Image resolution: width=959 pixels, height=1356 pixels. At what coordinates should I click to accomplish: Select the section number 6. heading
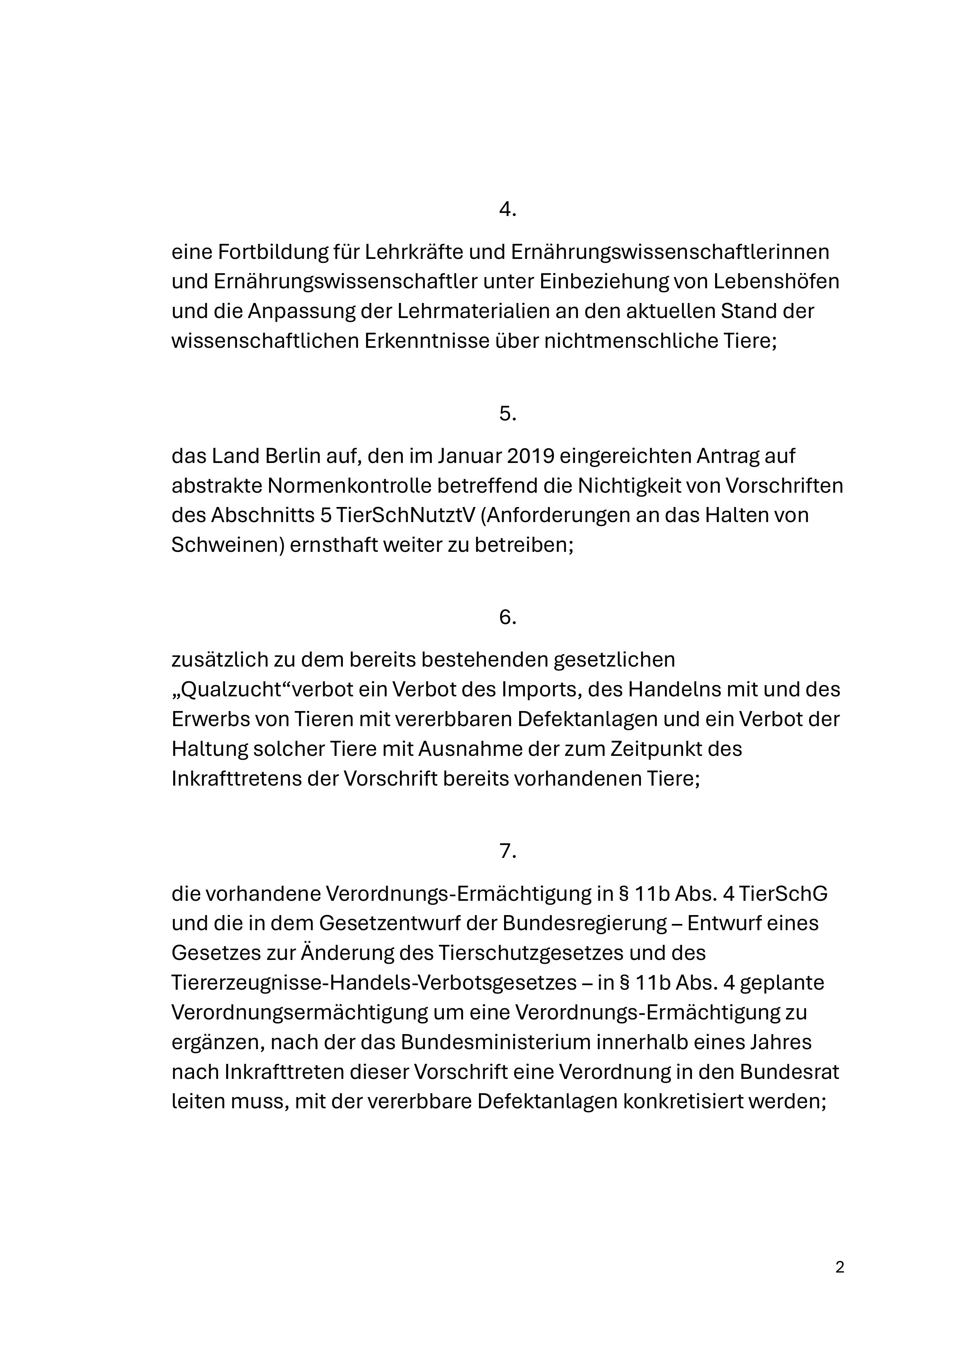(x=508, y=617)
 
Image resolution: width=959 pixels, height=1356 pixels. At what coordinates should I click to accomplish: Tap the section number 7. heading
(x=508, y=851)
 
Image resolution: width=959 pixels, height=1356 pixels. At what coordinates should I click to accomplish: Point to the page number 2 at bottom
(x=840, y=1267)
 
